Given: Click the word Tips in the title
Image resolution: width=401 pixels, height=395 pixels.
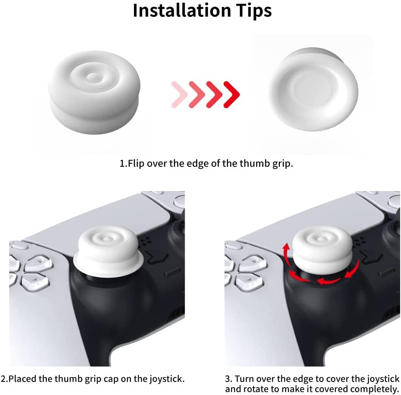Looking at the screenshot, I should [x=252, y=10].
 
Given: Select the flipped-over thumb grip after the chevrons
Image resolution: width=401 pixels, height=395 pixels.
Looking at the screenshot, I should [x=312, y=91].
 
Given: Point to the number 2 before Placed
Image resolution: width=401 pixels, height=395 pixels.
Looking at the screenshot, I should [x=3, y=379].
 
